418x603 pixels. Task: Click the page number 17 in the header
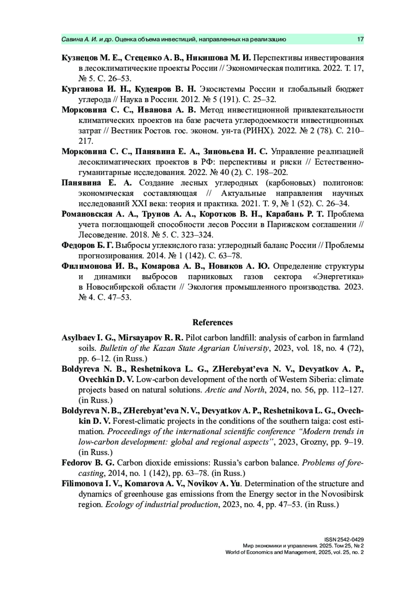(360, 39)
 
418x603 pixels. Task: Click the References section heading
(212, 322)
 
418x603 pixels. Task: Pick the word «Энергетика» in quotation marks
(335, 277)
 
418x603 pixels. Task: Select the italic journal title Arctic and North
(235, 390)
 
